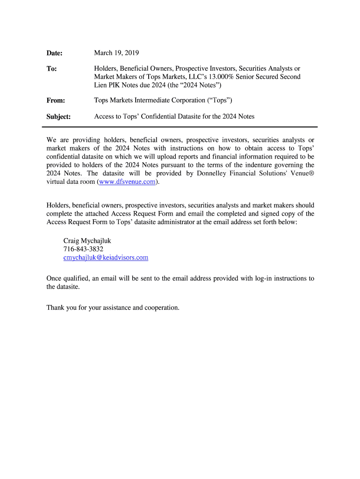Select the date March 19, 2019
pyautogui.click(x=116, y=53)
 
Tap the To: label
pyautogui.click(x=51, y=69)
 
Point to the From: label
pyautogui.click(x=56, y=101)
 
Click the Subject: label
pyautogui.click(x=58, y=116)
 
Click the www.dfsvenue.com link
pyautogui.click(x=127, y=182)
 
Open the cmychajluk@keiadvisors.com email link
pyautogui.click(x=106, y=258)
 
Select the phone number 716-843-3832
pyautogui.click(x=83, y=249)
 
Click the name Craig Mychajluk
pyautogui.click(x=87, y=241)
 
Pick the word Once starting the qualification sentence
pyautogui.click(x=55, y=279)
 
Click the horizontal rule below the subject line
pyautogui.click(x=182, y=127)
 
